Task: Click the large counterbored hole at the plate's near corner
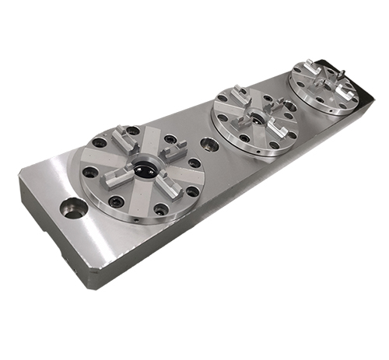[x=74, y=208]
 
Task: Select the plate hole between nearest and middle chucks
[x=209, y=145]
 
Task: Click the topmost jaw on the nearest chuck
[x=125, y=140]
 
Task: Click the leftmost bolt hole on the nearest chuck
[x=91, y=172]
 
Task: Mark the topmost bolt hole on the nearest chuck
[x=134, y=131]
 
